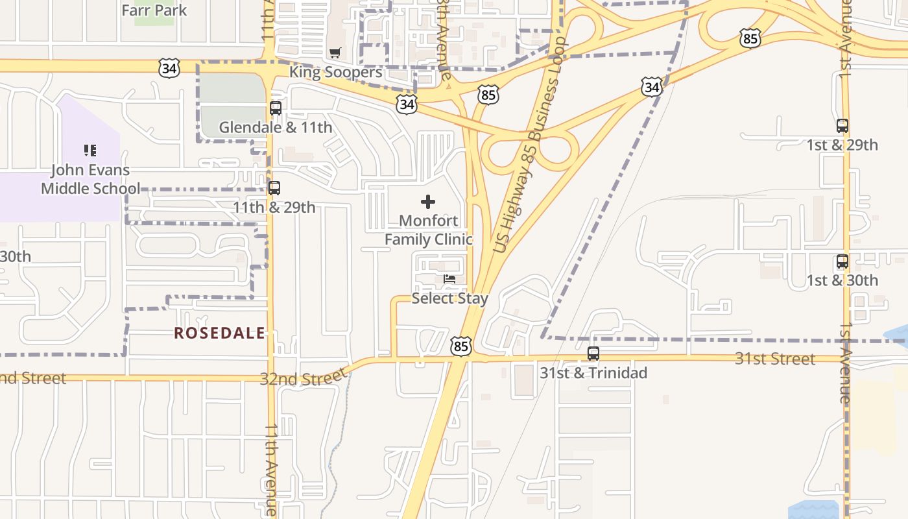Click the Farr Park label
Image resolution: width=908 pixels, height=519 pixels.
[154, 10]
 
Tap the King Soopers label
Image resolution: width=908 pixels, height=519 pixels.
[335, 72]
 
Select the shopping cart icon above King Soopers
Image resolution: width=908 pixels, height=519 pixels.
[335, 53]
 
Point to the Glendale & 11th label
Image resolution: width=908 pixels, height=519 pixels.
[276, 127]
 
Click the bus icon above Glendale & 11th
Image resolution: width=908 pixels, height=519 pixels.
[276, 108]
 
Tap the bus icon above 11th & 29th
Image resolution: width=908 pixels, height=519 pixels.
[274, 188]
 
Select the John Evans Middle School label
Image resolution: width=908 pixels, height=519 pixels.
[90, 179]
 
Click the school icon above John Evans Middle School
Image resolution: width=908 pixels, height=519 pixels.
[90, 151]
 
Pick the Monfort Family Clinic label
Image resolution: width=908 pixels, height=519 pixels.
[428, 230]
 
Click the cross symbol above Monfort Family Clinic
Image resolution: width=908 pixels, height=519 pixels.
[428, 201]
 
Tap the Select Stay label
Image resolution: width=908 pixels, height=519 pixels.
[449, 298]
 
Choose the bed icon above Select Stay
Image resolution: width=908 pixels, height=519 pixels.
[449, 280]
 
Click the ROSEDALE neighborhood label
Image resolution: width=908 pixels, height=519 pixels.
[219, 333]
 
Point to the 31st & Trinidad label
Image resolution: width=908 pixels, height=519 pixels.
[593, 373]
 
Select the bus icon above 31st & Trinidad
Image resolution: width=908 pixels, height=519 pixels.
[593, 354]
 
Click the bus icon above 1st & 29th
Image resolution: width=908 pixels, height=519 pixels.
[842, 126]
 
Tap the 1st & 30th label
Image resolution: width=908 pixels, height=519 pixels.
[842, 280]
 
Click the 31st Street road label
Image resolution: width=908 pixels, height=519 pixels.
[774, 359]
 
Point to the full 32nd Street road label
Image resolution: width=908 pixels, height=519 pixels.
[304, 377]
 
